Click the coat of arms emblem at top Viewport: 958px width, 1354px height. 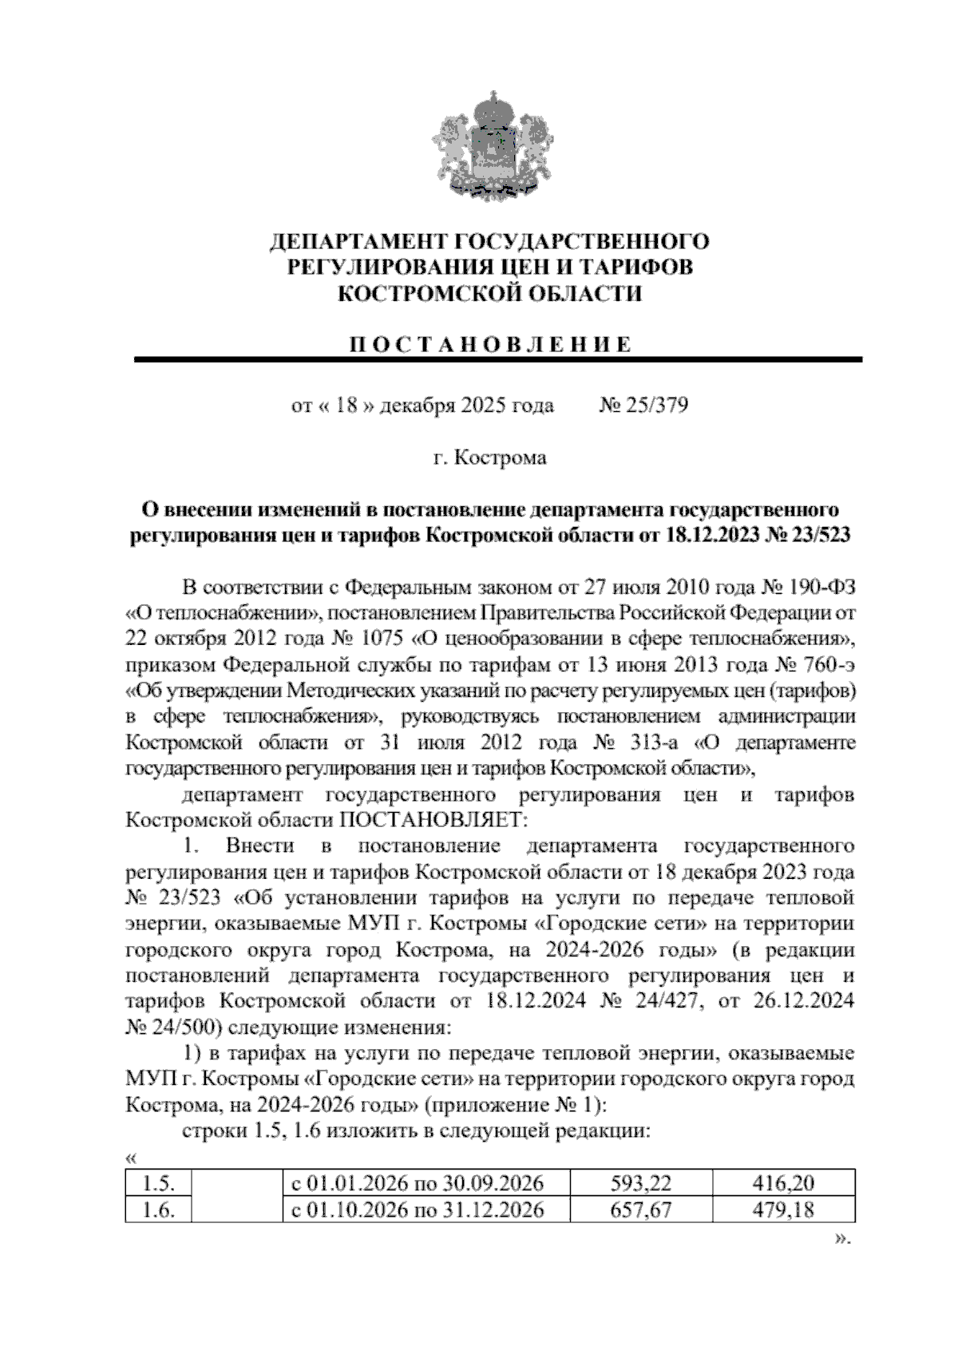489,146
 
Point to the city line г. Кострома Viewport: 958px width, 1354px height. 489,458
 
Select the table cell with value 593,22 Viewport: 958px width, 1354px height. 639,1183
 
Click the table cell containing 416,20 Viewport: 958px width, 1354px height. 782,1183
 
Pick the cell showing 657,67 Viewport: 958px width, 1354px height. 639,1209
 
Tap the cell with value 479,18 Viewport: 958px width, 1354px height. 782,1209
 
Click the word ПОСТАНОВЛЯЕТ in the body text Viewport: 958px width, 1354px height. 434,820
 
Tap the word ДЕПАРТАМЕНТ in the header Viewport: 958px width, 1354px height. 358,241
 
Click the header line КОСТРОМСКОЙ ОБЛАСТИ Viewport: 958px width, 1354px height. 489,294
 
